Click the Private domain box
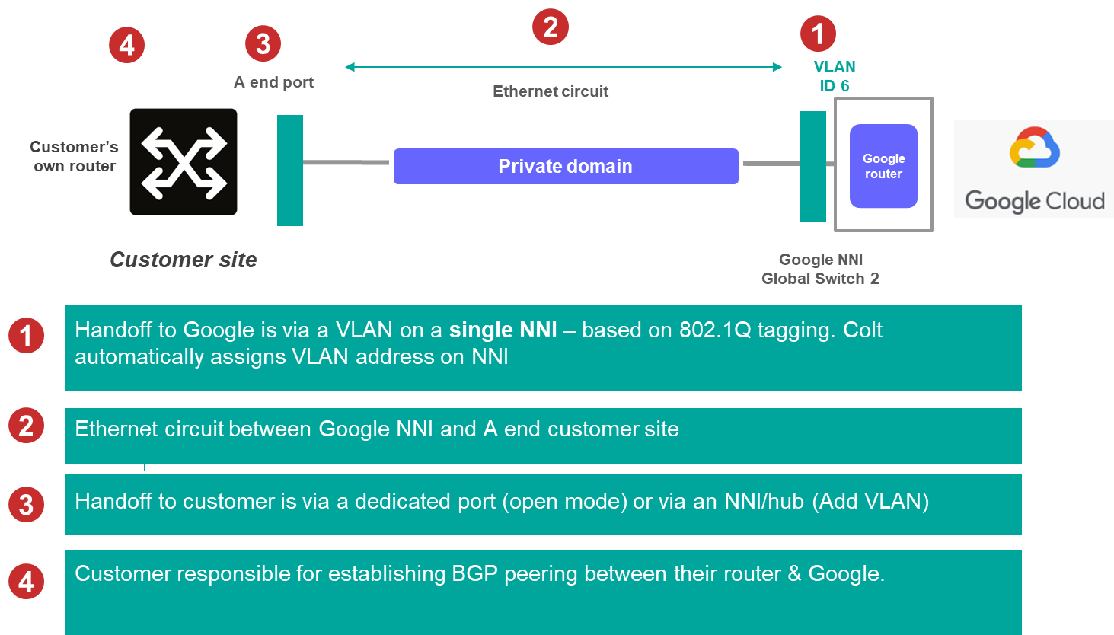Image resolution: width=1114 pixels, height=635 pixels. pos(566,166)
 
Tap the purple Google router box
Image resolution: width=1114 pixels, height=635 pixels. pos(883,166)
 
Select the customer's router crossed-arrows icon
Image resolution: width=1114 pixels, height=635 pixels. pos(184,162)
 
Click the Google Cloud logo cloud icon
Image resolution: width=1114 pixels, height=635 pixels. pos(1034,148)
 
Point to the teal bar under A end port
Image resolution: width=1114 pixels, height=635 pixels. pos(290,171)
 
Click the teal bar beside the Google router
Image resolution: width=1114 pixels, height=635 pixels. pos(812,167)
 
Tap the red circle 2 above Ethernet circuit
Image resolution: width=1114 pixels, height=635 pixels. pos(551,27)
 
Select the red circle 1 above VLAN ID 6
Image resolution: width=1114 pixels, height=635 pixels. pos(818,34)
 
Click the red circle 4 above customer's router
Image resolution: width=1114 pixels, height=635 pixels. pos(126,45)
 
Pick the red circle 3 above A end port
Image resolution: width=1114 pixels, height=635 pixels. pos(263,44)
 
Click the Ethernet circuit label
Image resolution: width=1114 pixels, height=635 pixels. pos(551,91)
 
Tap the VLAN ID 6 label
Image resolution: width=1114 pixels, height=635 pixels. pos(835,76)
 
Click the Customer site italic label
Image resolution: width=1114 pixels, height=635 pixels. pos(184,260)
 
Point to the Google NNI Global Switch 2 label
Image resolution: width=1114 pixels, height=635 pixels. pos(820,269)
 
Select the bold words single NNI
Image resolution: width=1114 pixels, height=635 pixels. pos(503,330)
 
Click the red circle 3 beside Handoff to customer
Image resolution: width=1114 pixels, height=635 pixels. pos(26,505)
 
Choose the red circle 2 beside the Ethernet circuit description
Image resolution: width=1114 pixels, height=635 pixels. pos(26,426)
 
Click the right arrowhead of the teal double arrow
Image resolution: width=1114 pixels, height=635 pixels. pos(777,67)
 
